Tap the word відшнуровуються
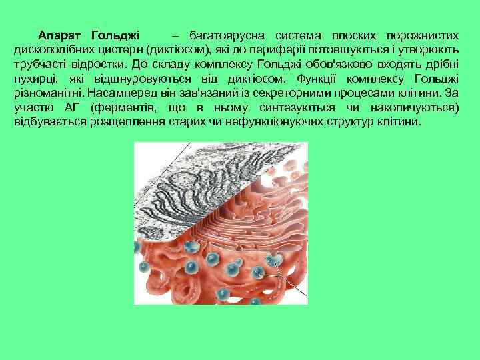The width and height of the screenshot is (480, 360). point(160,79)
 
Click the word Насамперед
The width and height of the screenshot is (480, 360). point(125,93)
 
